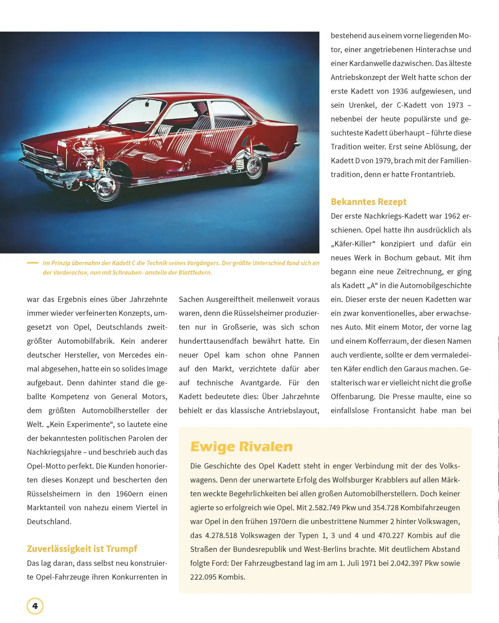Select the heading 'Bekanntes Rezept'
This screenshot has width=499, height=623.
click(368, 202)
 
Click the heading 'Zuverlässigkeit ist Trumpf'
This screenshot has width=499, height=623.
click(82, 548)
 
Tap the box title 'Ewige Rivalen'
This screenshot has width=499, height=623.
click(241, 447)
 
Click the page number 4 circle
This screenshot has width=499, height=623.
click(35, 606)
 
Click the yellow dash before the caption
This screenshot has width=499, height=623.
click(32, 263)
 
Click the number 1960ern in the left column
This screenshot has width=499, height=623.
click(129, 494)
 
